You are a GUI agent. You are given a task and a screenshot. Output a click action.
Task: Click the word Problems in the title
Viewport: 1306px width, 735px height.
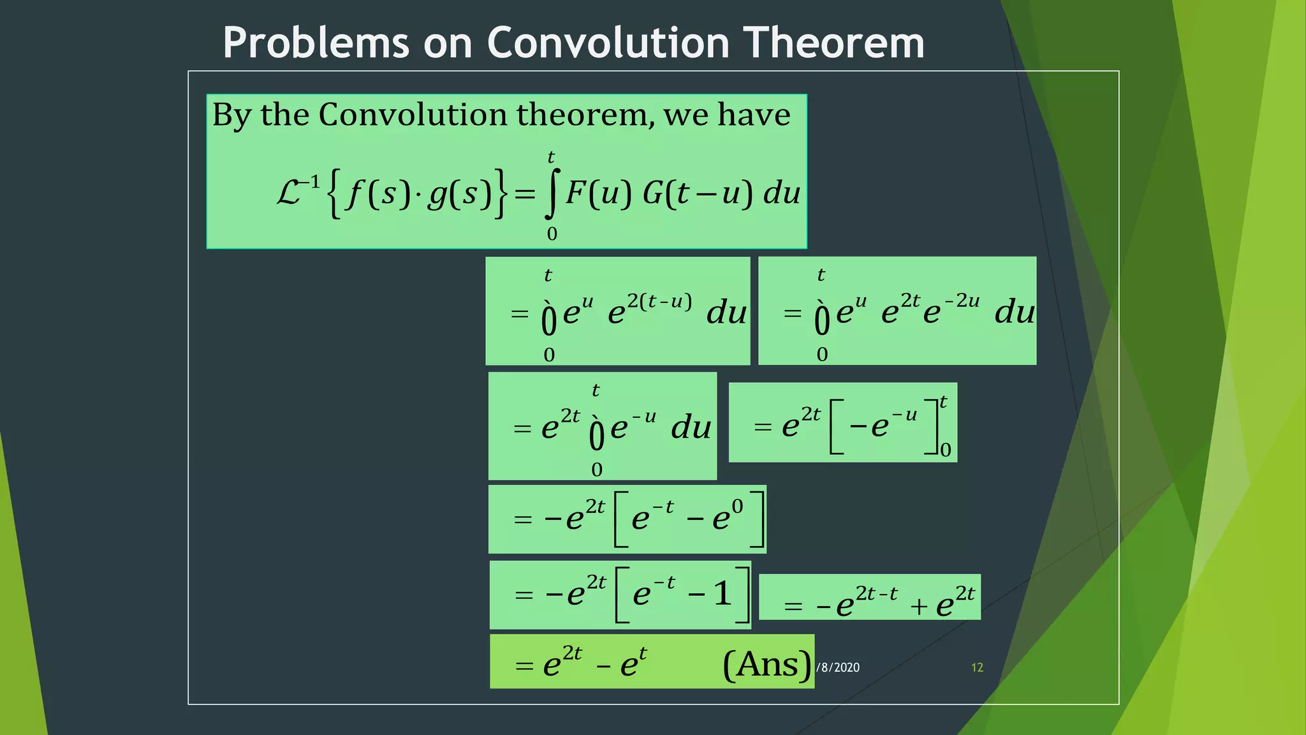(316, 43)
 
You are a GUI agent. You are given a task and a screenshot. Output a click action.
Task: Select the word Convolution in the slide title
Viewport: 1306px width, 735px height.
(608, 43)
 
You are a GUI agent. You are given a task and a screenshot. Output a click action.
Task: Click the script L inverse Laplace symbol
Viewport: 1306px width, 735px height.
(290, 191)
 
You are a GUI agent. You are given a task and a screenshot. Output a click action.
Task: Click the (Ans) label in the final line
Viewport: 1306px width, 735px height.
(767, 665)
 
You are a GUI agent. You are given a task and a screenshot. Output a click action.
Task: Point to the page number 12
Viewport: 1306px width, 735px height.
(977, 667)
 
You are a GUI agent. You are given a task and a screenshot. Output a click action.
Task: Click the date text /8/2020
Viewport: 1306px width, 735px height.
(838, 667)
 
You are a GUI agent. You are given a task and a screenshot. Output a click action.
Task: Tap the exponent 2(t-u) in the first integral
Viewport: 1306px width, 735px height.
(659, 301)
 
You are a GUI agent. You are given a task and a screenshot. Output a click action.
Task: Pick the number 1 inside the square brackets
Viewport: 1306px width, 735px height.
(723, 594)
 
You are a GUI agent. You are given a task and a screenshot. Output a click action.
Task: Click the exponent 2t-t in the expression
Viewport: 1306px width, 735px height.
(876, 594)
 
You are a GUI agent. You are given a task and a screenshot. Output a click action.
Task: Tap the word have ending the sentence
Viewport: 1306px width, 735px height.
(754, 115)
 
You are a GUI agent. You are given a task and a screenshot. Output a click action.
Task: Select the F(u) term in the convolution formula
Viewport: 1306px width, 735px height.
(598, 193)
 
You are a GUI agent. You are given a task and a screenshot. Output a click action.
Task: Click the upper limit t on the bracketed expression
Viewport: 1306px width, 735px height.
(943, 402)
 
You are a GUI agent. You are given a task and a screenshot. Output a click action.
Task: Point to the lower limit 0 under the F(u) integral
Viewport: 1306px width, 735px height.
(552, 234)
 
